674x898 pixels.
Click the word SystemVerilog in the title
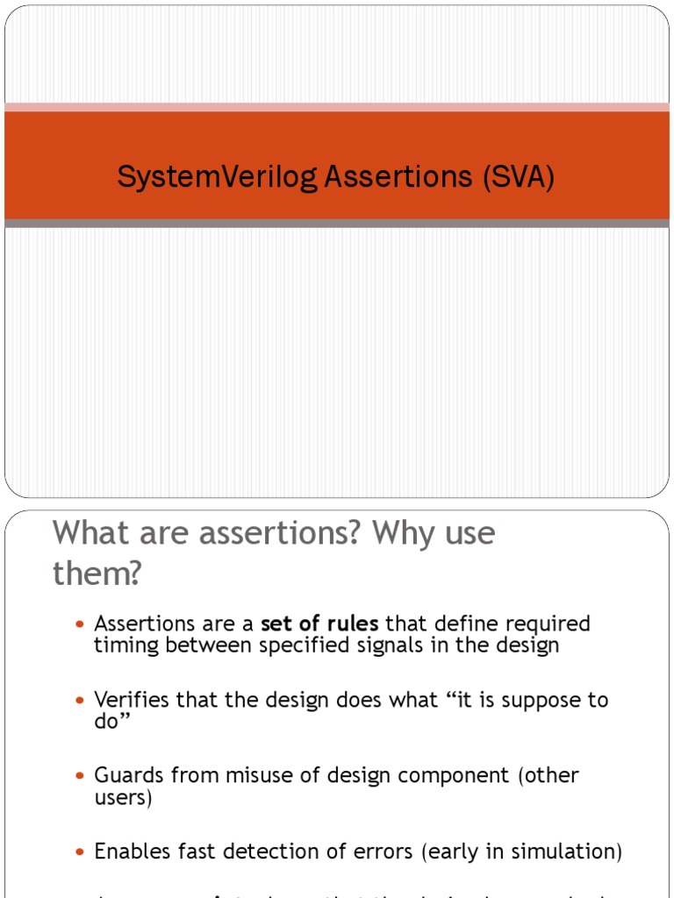pyautogui.click(x=218, y=177)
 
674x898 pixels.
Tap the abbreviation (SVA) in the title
pyautogui.click(x=517, y=177)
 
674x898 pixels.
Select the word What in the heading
pyautogui.click(x=92, y=533)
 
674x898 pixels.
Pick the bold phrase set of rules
pyautogui.click(x=319, y=624)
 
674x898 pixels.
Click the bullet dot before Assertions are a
pyautogui.click(x=81, y=624)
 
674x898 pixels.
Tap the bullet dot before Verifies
pyautogui.click(x=81, y=701)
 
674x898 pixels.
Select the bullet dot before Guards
pyautogui.click(x=81, y=776)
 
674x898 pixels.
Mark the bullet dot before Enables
pyautogui.click(x=81, y=852)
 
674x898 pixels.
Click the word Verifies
pyautogui.click(x=132, y=700)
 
